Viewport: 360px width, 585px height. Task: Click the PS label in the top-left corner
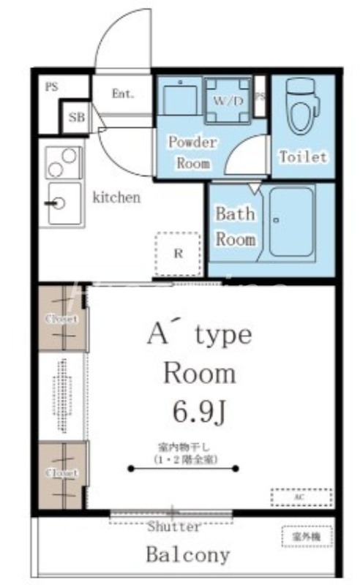coord(51,86)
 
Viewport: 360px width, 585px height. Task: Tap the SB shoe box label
coord(76,117)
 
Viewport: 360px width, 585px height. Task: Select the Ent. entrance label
coord(121,94)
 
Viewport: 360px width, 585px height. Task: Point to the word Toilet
coord(302,156)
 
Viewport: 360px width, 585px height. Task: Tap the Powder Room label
coord(193,152)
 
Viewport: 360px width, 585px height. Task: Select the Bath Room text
coord(235,226)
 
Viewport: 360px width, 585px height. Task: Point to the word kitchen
coord(116,197)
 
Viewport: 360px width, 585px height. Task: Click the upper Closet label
coord(62,319)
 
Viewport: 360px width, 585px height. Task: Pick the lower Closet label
coord(62,472)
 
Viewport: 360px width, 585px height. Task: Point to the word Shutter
coord(174,526)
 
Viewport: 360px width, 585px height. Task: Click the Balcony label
coord(188,554)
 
